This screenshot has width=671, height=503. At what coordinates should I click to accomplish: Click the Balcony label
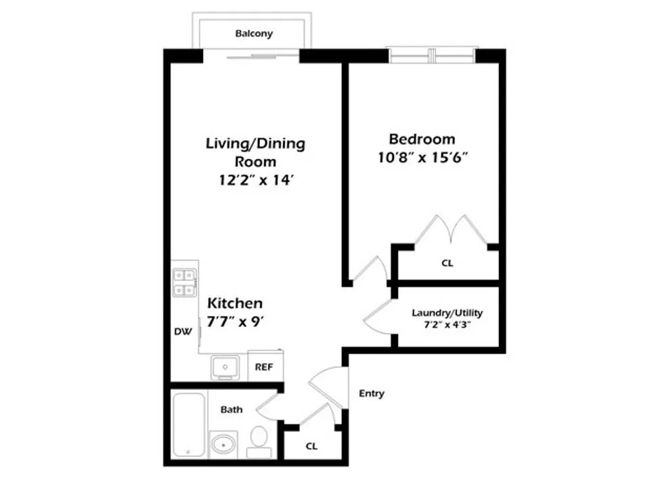tap(254, 33)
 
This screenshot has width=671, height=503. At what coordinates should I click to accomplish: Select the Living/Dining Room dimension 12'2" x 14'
tap(256, 181)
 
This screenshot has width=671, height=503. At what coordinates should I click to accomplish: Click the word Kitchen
tap(234, 303)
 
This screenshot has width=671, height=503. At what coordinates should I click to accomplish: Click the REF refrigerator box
tap(263, 367)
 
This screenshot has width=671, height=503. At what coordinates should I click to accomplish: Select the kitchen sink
tap(224, 368)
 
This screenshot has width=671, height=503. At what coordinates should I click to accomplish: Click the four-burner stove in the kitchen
tap(184, 283)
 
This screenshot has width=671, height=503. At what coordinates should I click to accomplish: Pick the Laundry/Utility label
tap(447, 313)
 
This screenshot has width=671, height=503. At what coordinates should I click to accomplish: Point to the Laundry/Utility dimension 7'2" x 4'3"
tap(447, 326)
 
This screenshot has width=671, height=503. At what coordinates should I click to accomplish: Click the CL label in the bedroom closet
tap(447, 263)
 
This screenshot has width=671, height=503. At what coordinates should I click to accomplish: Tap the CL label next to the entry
tap(311, 447)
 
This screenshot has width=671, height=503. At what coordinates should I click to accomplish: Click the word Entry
tap(371, 393)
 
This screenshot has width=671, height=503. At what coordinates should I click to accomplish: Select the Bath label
tap(231, 409)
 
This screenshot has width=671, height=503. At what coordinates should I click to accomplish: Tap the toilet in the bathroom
tap(258, 441)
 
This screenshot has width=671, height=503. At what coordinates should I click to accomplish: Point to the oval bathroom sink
tap(222, 445)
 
